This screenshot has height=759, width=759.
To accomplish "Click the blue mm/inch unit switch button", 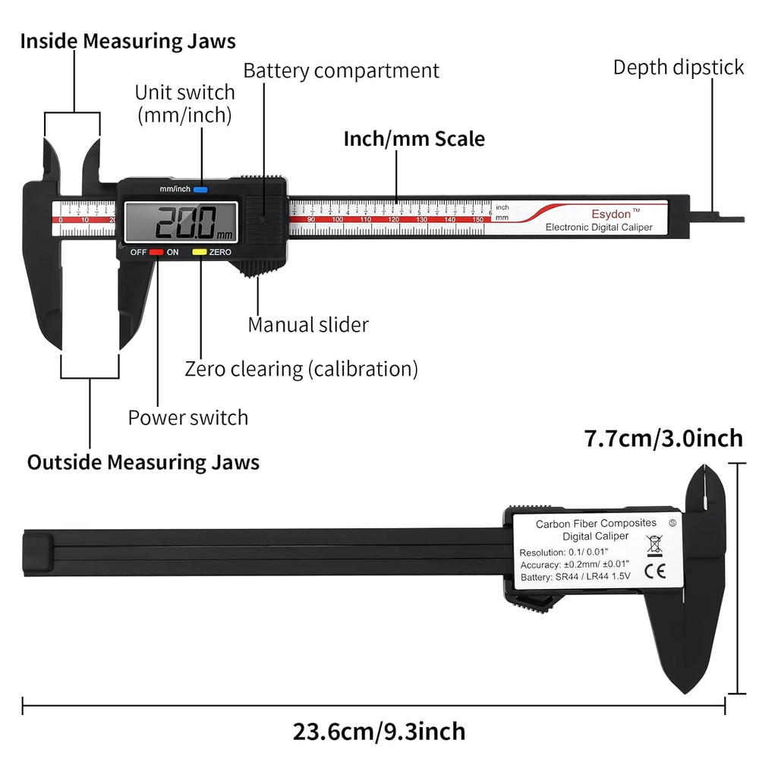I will tap(200, 189).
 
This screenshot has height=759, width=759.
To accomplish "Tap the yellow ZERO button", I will tap(200, 251).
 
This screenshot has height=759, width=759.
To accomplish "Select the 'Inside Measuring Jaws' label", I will tap(128, 41).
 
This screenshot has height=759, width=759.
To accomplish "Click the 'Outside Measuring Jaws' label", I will tap(143, 461).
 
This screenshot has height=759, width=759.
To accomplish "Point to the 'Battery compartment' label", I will tap(341, 71).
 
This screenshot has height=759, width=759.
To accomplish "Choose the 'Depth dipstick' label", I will tap(679, 67).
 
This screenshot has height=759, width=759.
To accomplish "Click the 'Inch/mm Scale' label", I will tap(414, 139).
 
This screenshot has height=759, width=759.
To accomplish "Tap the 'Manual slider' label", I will tap(308, 325).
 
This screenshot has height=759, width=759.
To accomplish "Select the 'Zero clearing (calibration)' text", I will tap(301, 369).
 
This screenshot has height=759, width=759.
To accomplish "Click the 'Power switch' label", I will tap(187, 417).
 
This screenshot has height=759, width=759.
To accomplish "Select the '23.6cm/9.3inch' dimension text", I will tap(379, 732).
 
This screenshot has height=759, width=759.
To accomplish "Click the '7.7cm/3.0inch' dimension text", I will tap(663, 438).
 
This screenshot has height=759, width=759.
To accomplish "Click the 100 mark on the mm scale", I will tap(339, 219).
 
